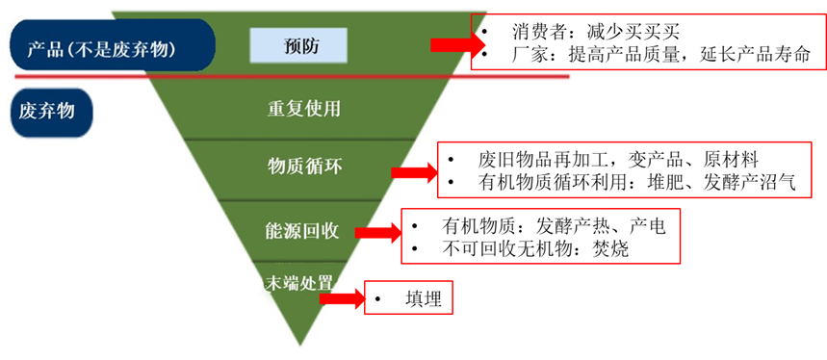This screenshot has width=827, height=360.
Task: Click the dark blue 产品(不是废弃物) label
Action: tap(108, 46)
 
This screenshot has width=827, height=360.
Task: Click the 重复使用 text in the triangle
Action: tap(304, 108)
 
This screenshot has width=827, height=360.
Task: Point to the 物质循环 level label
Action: tap(304, 167)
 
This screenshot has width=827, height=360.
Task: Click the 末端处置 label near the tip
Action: tap(299, 283)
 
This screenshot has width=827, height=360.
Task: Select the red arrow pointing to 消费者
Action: tap(451, 44)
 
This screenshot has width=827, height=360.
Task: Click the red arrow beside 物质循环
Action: tap(414, 172)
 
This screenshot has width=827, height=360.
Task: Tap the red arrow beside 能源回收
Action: tap(376, 233)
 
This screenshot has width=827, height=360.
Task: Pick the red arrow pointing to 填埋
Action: tap(341, 299)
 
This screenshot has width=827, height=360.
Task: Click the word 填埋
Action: tap(424, 299)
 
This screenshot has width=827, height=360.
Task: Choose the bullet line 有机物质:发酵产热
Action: tap(525, 227)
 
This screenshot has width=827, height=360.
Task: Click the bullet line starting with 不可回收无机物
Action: tap(525, 249)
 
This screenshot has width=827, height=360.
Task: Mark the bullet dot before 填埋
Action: tap(379, 299)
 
